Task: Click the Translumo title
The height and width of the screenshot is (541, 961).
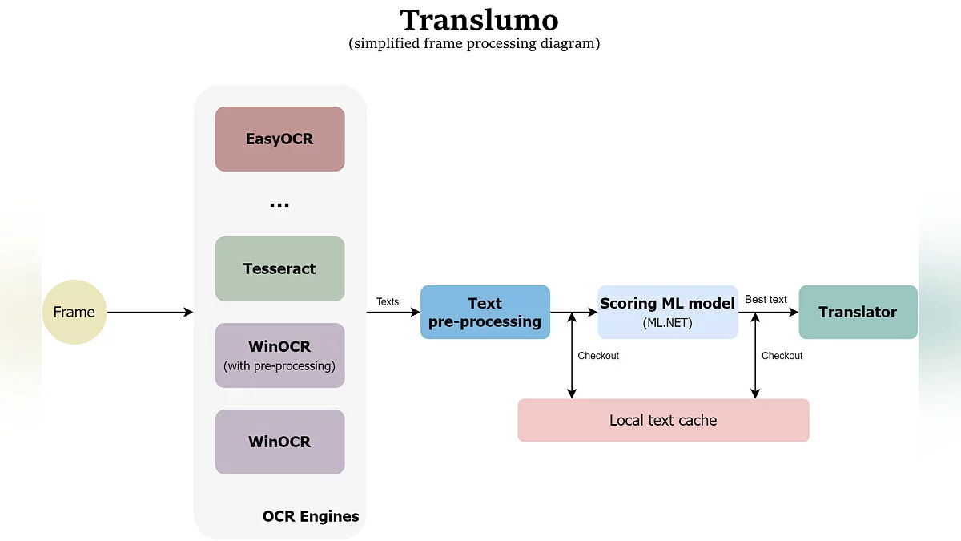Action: click(x=479, y=20)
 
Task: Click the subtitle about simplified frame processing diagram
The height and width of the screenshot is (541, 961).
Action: click(x=474, y=43)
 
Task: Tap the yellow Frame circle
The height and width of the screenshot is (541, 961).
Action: click(x=74, y=312)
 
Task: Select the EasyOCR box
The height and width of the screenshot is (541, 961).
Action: click(x=279, y=139)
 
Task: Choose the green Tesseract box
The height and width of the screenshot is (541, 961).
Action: click(x=279, y=268)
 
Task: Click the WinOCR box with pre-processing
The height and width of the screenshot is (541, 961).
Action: click(x=279, y=355)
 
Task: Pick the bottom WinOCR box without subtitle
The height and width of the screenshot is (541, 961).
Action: click(x=279, y=442)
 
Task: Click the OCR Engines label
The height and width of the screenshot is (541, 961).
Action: click(x=311, y=516)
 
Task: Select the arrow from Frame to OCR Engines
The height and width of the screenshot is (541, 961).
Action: click(x=150, y=312)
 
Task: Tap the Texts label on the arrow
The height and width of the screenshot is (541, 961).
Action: click(x=388, y=301)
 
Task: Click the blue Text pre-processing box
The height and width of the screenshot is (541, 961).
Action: click(x=485, y=312)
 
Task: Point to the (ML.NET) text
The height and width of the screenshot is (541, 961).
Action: click(x=667, y=323)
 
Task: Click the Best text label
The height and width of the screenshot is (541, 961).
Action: click(x=766, y=299)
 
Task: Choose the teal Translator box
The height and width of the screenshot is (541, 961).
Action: click(x=858, y=312)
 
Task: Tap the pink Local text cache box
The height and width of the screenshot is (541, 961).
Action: click(x=663, y=420)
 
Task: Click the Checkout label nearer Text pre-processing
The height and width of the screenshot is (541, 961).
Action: click(x=598, y=355)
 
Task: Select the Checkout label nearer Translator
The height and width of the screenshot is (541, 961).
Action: click(x=782, y=355)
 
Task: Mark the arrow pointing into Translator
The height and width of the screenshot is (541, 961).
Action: click(x=781, y=312)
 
